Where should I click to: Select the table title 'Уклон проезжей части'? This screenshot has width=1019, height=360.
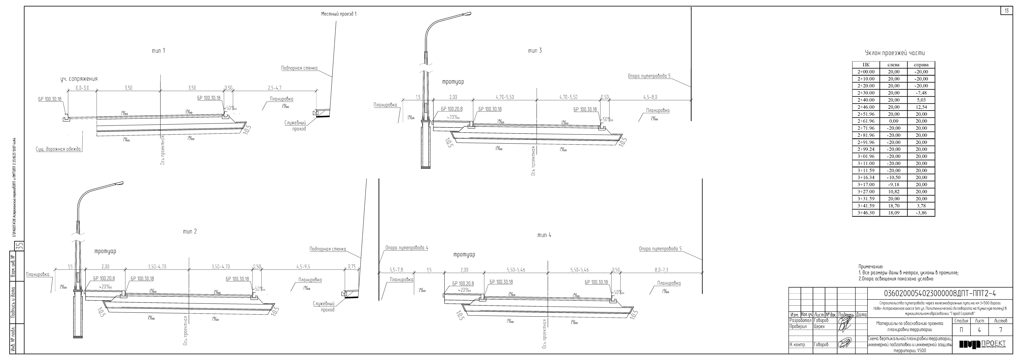click(x=895, y=53)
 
